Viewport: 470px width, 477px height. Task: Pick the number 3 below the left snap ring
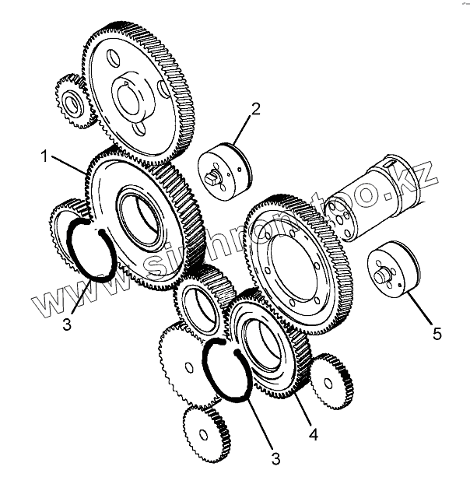click(x=68, y=322)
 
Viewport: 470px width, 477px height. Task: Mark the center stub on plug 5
click(x=382, y=274)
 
